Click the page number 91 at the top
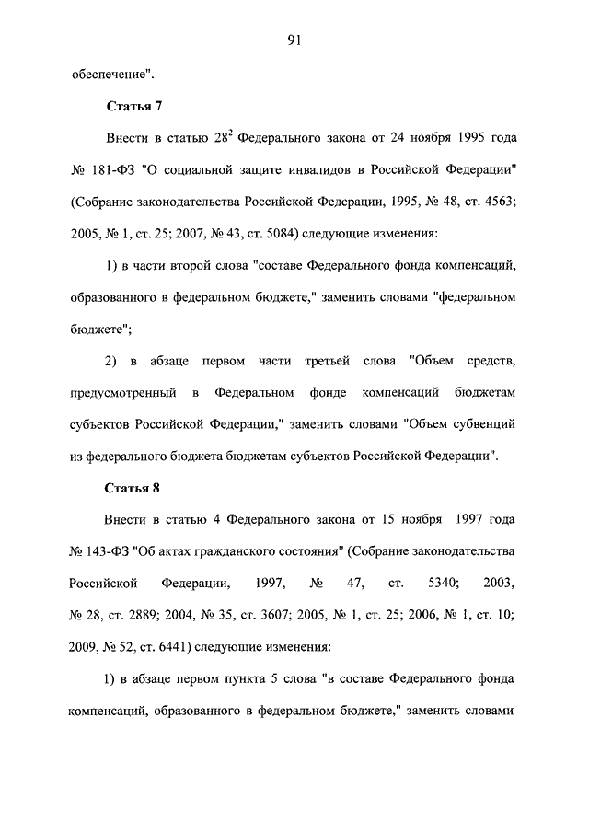294,39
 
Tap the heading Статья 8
133,487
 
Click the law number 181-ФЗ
109,171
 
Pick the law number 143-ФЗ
109,550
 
